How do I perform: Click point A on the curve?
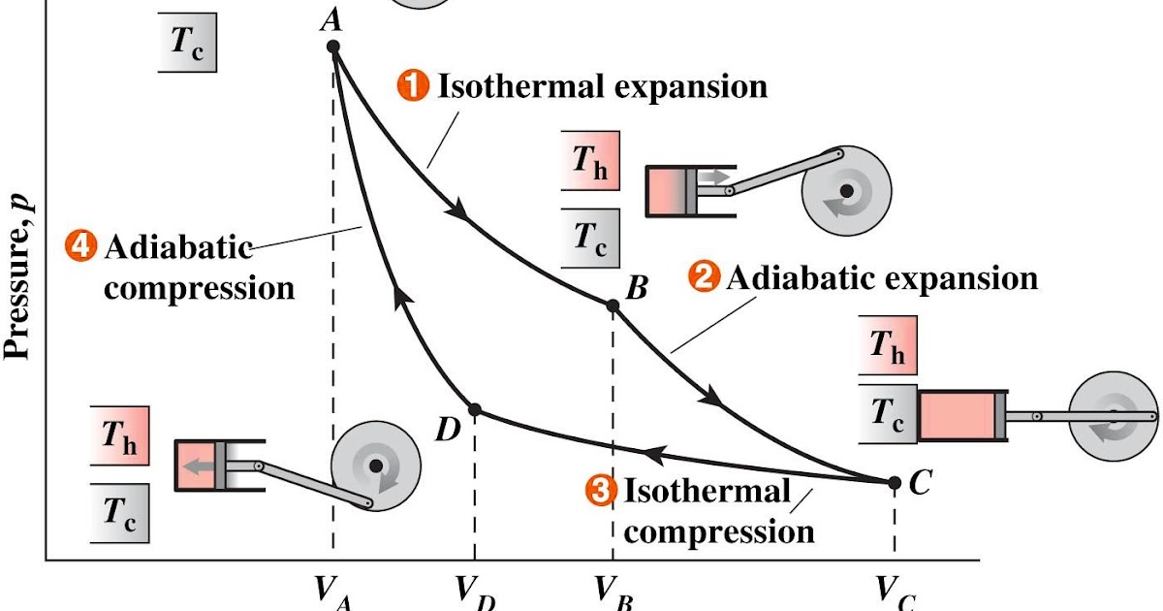tap(333, 47)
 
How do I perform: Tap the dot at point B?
tap(613, 305)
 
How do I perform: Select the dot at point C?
tap(895, 481)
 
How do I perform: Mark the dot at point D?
tap(475, 410)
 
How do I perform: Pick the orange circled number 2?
tap(704, 278)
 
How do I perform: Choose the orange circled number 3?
tap(601, 492)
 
